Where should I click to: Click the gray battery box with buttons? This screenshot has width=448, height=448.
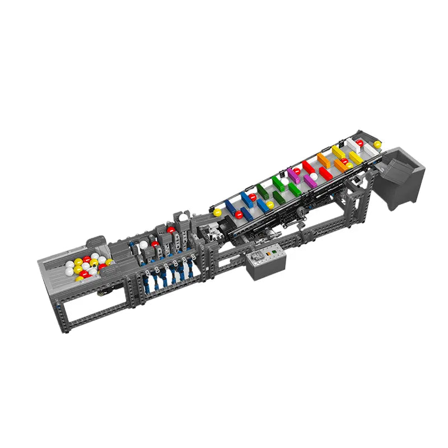pyautogui.click(x=266, y=262)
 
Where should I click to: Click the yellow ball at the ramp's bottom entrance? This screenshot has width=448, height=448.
pyautogui.click(x=216, y=213)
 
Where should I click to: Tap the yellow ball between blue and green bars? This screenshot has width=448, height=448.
pyautogui.click(x=270, y=205)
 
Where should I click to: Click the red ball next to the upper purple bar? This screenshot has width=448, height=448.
pyautogui.click(x=297, y=171)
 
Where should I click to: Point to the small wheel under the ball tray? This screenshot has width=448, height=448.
pyautogui.click(x=102, y=293)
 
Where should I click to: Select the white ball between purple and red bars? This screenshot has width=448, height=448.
pyautogui.click(x=314, y=176)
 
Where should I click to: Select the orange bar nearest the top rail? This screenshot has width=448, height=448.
pyautogui.click(x=323, y=160)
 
